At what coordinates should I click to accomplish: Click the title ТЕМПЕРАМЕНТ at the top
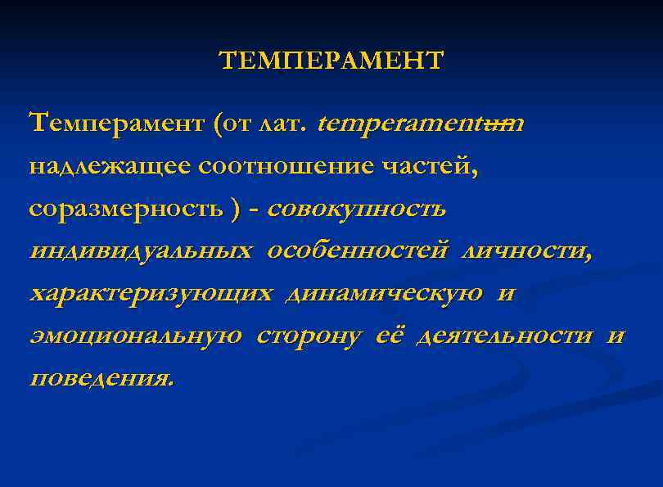click(x=331, y=61)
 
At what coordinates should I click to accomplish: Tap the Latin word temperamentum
click(x=421, y=124)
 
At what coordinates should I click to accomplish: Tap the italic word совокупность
click(x=356, y=209)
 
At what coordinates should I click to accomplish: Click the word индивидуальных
click(x=141, y=251)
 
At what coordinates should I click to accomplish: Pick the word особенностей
click(x=357, y=251)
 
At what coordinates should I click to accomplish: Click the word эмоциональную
click(x=135, y=336)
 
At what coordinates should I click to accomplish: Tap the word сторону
click(x=309, y=336)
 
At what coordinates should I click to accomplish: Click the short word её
click(x=388, y=336)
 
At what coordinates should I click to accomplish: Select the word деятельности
click(x=505, y=336)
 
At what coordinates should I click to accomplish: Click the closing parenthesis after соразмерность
click(x=237, y=210)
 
